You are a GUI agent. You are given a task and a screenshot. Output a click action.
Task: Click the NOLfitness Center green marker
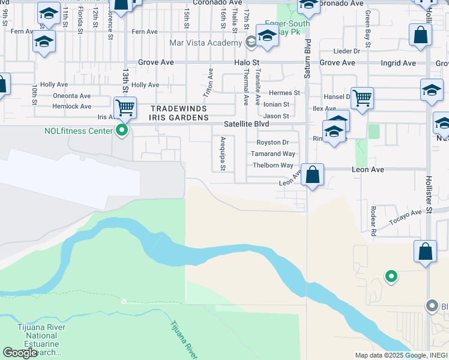122,130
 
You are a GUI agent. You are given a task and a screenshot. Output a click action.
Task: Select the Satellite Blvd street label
246,124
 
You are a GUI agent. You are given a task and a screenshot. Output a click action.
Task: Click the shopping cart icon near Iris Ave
125,108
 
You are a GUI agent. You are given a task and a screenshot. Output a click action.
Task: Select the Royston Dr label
273,142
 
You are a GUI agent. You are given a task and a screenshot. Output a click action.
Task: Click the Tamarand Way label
273,154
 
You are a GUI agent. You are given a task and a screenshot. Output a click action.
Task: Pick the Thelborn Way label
273,165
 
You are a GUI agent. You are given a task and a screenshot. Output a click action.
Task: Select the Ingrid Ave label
398,62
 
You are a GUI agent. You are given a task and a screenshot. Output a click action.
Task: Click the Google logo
20,353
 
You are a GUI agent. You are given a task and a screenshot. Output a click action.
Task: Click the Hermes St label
284,93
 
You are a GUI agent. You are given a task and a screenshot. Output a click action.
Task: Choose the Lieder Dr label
348,51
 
